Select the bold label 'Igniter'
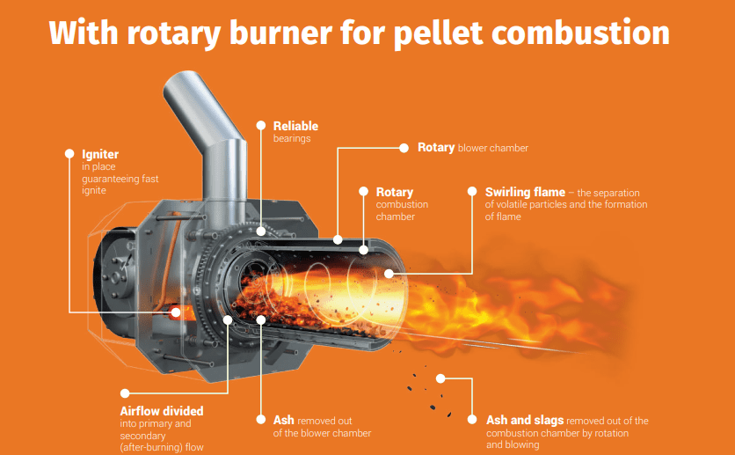tap(100, 155)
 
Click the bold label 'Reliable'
tap(295, 126)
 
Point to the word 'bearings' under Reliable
tap(292, 139)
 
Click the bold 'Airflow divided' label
tap(162, 411)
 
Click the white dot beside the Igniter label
tap(69, 153)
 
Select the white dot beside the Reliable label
tap(260, 125)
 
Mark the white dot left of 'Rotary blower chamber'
tap(404, 147)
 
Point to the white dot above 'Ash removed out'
tap(261, 420)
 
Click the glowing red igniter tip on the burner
tap(177, 312)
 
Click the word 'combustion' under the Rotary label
tap(402, 204)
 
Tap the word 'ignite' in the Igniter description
tap(94, 190)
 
